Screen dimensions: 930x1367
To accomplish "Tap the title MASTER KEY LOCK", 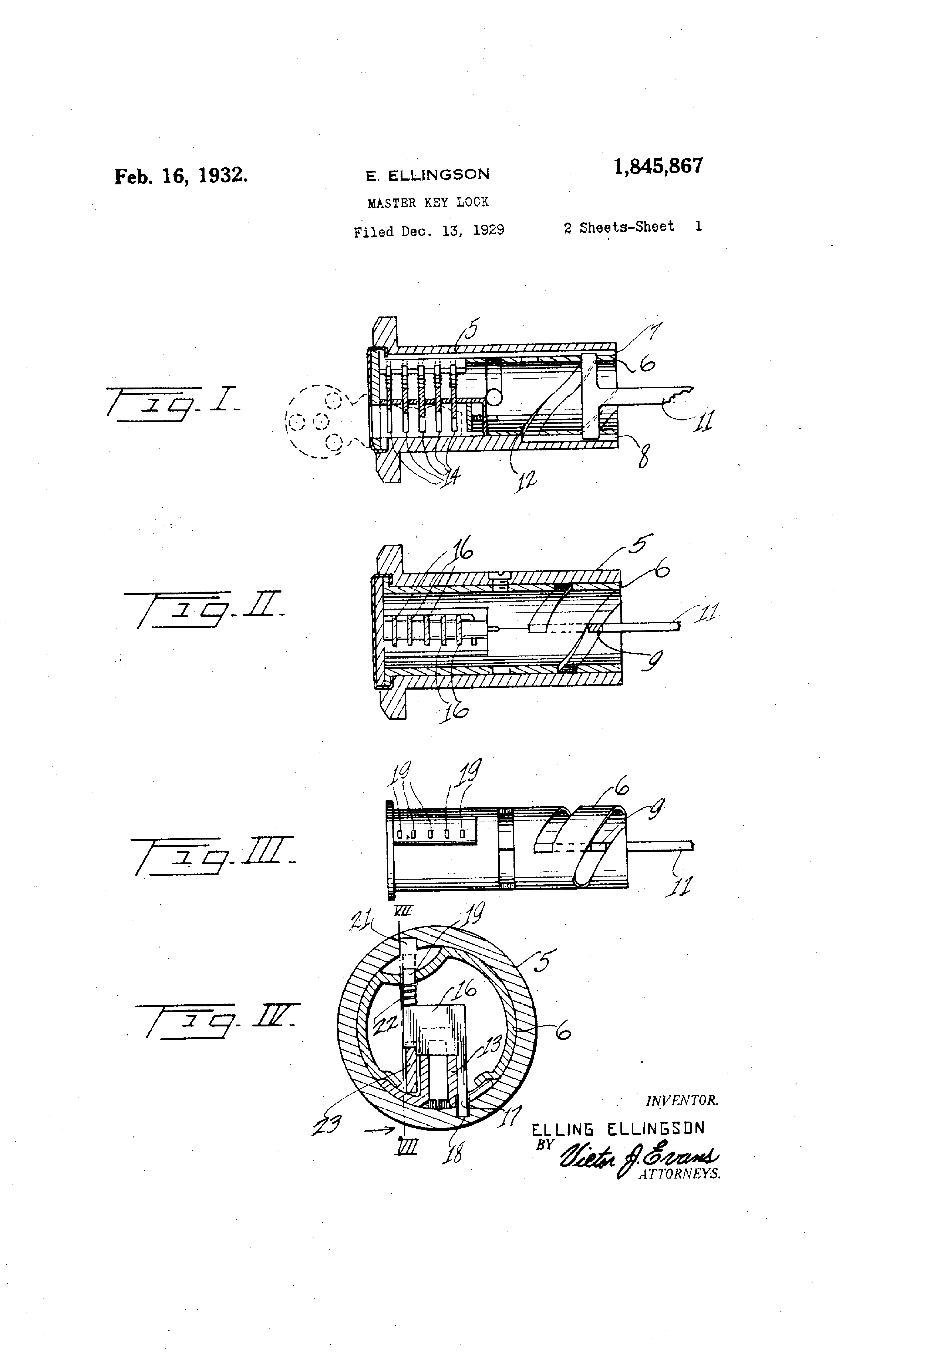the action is point(428,202).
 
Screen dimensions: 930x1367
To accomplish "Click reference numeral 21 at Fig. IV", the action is point(360,921).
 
